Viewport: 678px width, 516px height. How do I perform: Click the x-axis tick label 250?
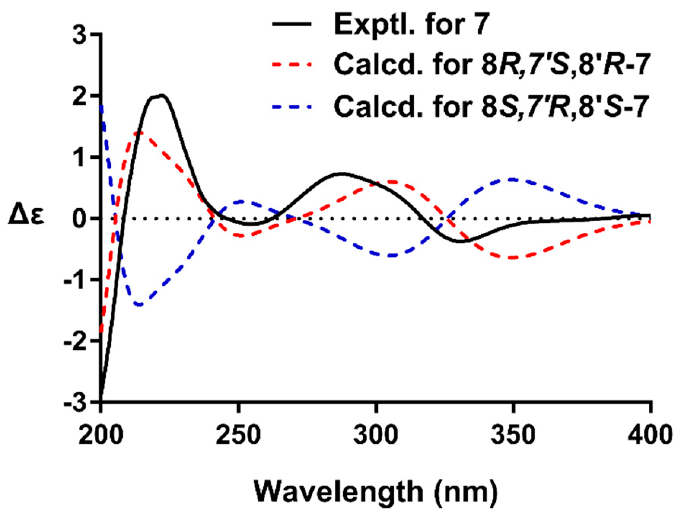pos(238,435)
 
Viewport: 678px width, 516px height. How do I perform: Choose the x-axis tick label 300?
pos(376,435)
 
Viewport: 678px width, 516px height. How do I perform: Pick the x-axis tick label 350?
pos(513,435)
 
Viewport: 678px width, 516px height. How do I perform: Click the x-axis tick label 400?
pos(649,435)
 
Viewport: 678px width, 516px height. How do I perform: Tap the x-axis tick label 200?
pos(101,435)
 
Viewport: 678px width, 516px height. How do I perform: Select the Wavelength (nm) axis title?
pos(376,492)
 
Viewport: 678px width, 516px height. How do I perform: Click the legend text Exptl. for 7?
pos(411,24)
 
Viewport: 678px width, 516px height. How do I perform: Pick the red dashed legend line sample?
pos(292,65)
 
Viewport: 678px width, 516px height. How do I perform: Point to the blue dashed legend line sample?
pos(292,107)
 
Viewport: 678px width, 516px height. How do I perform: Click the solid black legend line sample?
pos(292,24)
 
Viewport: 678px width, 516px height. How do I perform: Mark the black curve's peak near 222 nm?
pos(161,95)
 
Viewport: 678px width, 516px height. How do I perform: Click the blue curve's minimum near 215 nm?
pos(140,305)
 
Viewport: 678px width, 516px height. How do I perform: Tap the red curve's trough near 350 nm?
pos(513,258)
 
